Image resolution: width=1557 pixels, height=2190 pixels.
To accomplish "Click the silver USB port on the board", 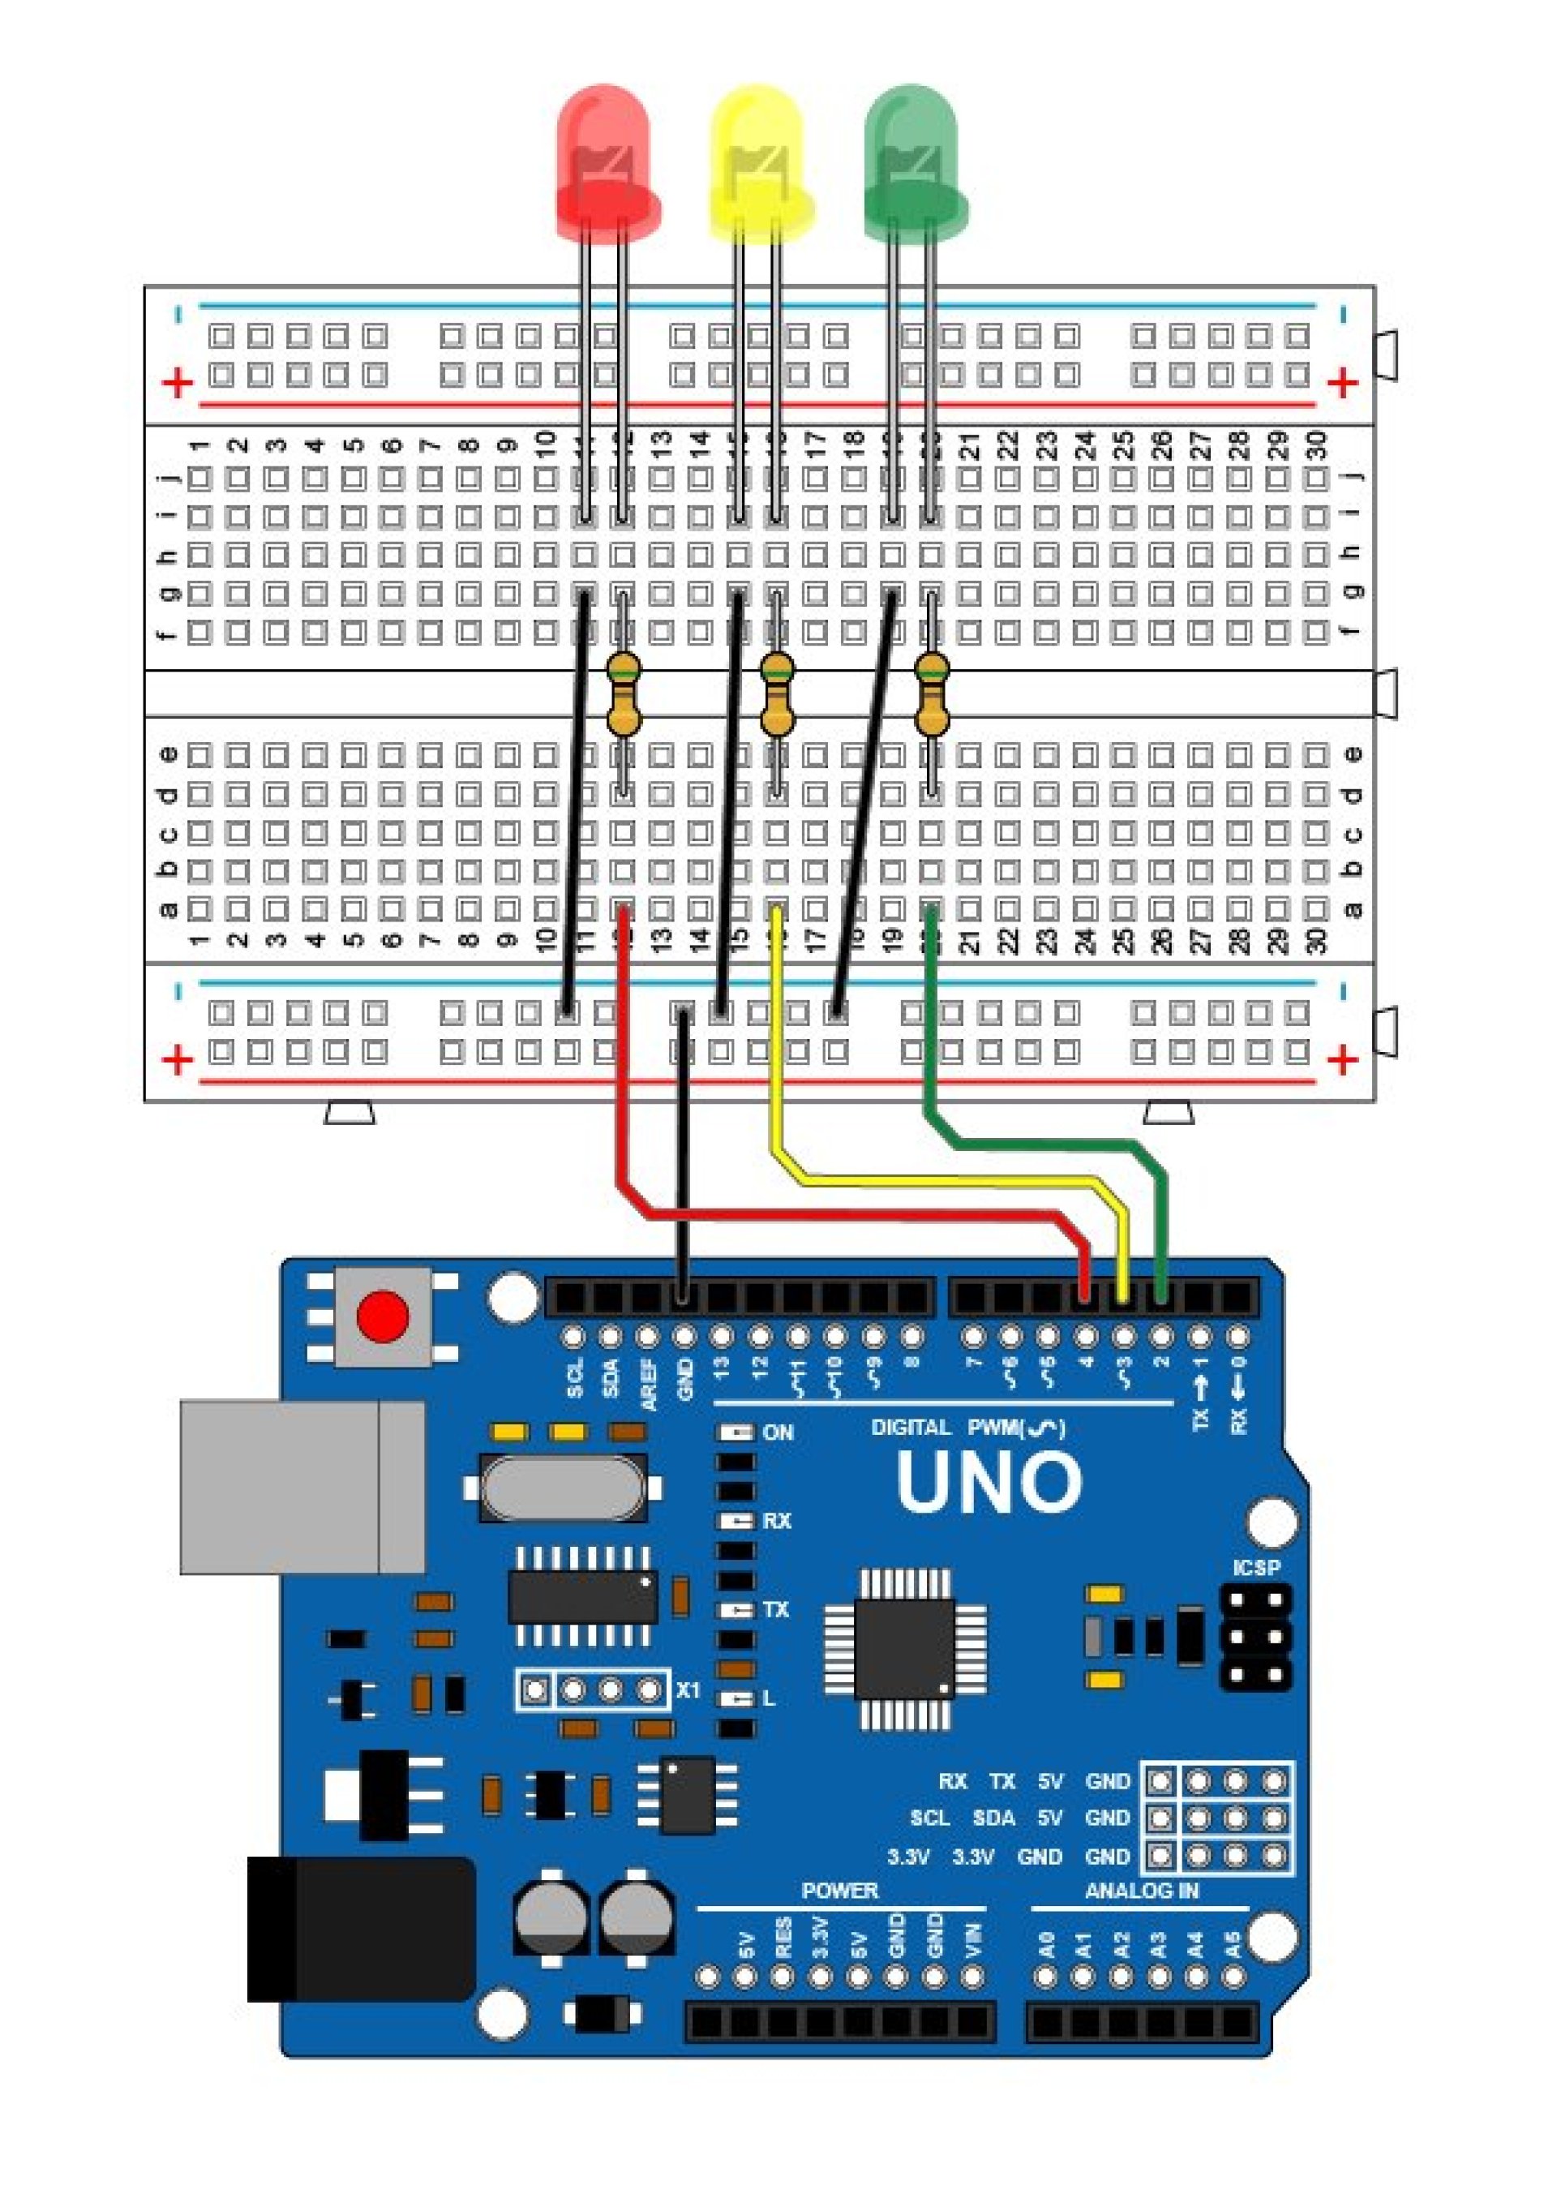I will click(302, 1486).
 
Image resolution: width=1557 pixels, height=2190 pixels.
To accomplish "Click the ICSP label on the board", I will click(1256, 1568).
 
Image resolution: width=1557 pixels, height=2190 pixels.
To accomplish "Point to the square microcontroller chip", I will click(906, 1647).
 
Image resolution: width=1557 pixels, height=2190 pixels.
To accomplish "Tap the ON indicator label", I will click(778, 1432).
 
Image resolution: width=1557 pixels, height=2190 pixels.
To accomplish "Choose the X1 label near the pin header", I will click(688, 1690).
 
